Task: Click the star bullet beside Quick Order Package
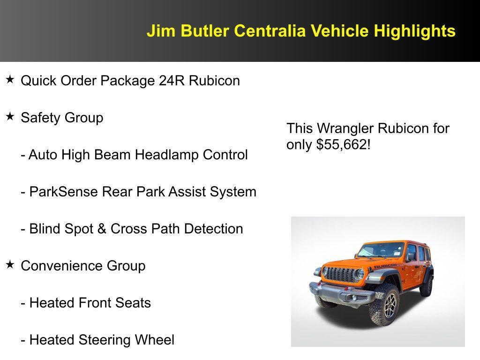coord(10,80)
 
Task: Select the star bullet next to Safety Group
coord(10,117)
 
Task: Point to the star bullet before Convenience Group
coord(10,265)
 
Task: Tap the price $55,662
coord(343,145)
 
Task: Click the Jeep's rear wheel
coord(427,285)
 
